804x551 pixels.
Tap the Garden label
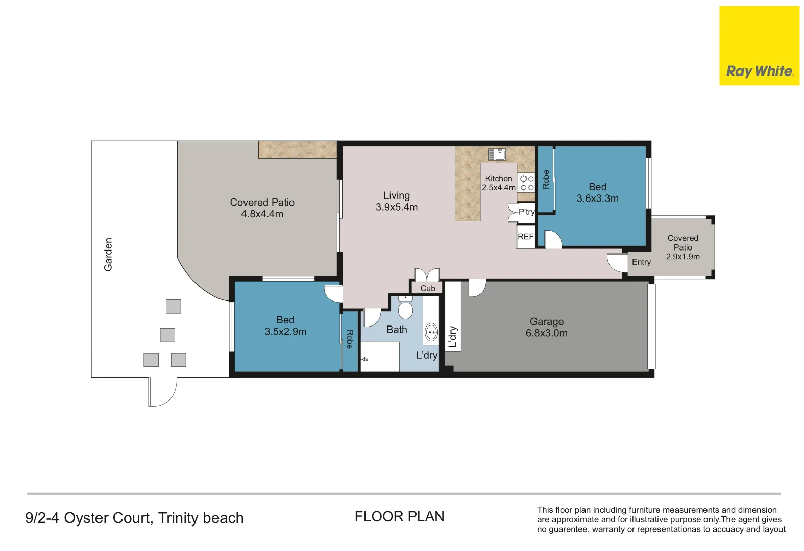click(x=108, y=255)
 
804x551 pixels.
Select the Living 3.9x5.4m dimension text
click(x=397, y=207)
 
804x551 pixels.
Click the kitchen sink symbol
click(x=497, y=154)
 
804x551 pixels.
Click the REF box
click(x=525, y=237)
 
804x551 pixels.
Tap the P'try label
click(x=526, y=212)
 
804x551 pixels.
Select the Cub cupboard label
click(x=428, y=288)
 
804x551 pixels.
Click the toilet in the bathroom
click(x=405, y=307)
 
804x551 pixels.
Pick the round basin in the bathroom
click(x=432, y=333)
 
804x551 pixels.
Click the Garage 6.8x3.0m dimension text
click(x=546, y=333)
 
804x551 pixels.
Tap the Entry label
click(x=641, y=262)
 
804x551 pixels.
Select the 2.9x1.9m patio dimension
click(x=683, y=257)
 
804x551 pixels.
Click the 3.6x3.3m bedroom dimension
click(x=597, y=198)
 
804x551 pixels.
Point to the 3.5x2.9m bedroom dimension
click(x=285, y=332)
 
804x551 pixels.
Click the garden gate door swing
click(x=162, y=392)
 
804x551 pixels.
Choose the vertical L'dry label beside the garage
click(x=453, y=337)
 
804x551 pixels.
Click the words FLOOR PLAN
click(x=399, y=517)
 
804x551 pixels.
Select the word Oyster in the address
click(x=86, y=518)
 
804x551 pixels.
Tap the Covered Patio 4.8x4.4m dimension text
click(x=262, y=214)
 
